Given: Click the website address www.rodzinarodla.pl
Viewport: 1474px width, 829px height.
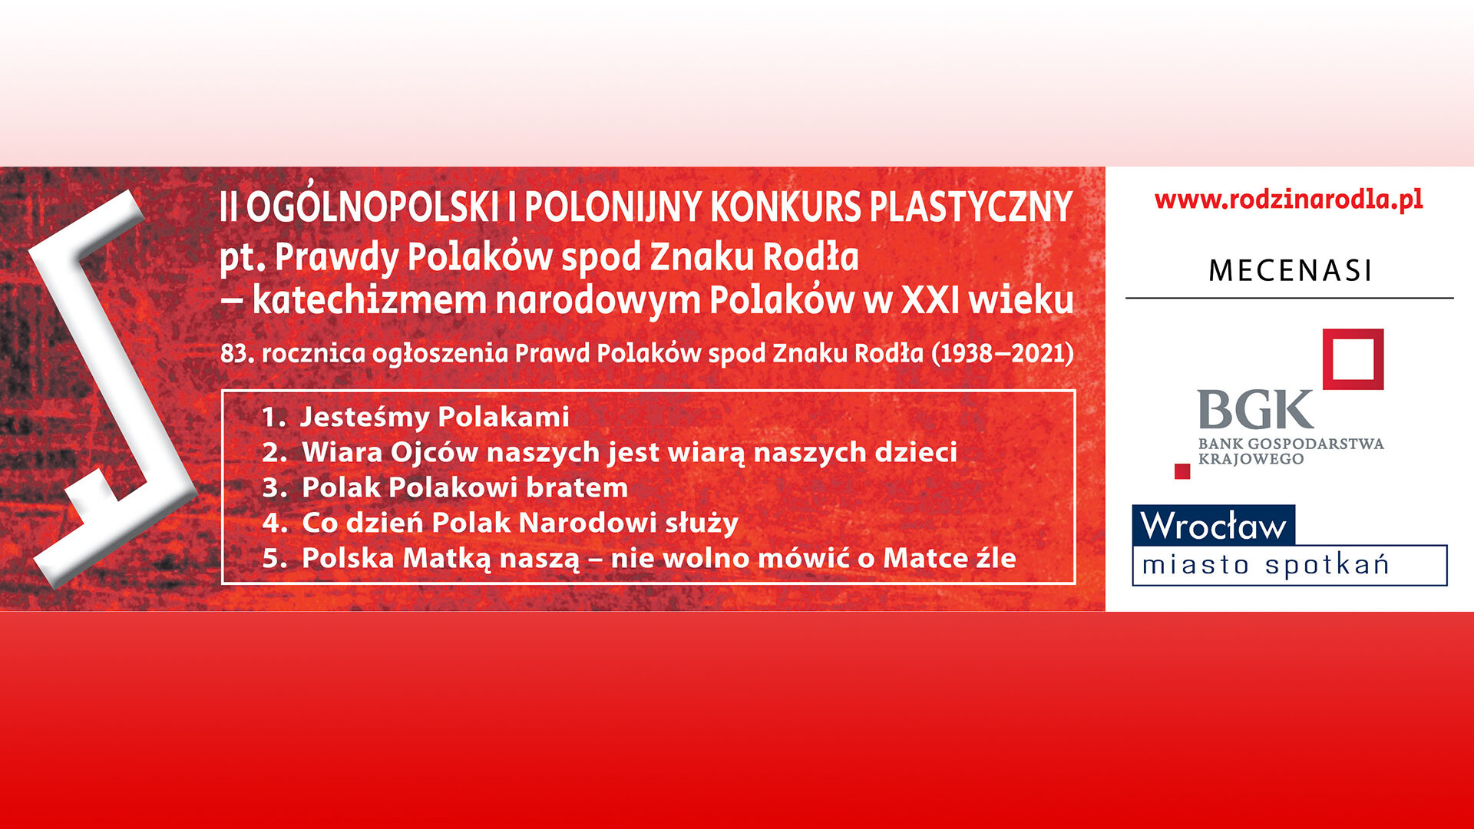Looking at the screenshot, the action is (x=1288, y=200).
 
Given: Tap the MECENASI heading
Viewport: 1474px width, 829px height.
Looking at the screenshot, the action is (x=1290, y=270).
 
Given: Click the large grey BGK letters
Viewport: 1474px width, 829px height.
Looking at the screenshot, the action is (x=1255, y=410).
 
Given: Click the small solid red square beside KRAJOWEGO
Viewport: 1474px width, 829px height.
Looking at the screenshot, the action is (x=1182, y=471).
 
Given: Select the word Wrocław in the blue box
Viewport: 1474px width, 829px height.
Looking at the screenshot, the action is (x=1213, y=526).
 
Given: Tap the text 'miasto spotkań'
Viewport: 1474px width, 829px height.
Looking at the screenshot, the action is (x=1265, y=566).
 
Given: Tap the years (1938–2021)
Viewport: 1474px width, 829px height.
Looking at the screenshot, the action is (x=1003, y=353).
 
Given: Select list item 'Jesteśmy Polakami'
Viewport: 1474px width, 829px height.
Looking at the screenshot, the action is (x=435, y=417).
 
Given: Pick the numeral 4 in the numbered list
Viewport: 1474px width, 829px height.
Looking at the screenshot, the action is (x=271, y=523).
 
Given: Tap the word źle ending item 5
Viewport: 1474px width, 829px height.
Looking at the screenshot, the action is (x=996, y=557).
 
